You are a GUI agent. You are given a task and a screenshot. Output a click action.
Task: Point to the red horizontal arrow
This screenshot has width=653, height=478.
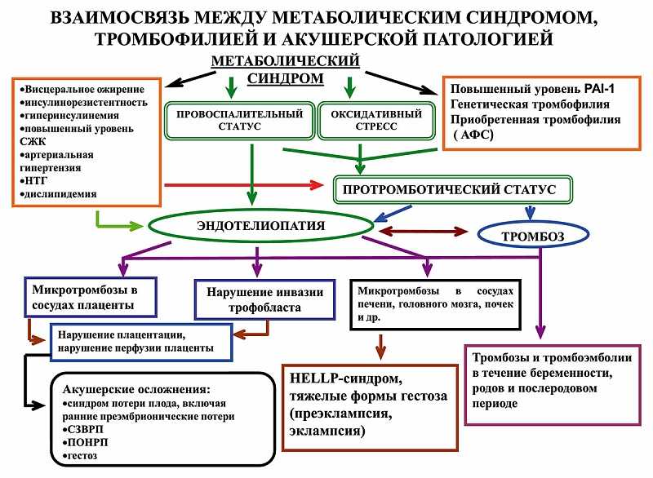244,184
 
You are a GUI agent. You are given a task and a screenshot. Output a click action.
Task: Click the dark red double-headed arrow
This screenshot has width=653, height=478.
423,231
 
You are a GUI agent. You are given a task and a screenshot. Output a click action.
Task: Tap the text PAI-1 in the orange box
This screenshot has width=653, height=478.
599,89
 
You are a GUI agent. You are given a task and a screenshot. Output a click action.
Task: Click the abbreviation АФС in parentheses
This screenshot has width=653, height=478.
473,135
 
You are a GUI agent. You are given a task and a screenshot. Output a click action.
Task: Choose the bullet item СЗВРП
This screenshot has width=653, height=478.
83,429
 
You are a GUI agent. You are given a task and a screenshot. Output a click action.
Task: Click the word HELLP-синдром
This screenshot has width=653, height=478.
345,378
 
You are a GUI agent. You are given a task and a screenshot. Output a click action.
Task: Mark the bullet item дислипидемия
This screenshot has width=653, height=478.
58,194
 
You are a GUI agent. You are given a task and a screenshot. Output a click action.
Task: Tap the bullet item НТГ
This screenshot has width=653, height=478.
33,180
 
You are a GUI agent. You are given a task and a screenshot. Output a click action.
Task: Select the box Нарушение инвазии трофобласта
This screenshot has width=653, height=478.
264,299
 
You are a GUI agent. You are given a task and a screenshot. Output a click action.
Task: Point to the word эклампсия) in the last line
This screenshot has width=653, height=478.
327,431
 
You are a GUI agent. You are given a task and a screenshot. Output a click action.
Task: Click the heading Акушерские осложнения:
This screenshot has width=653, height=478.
136,389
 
